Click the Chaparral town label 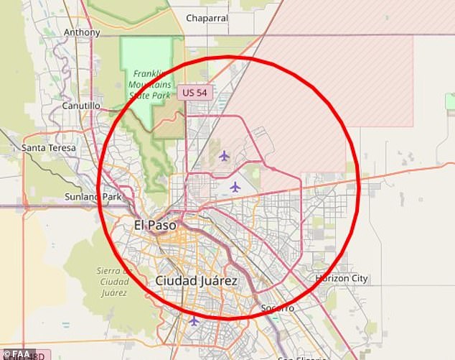point(207,18)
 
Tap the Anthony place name point(82,32)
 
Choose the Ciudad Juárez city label point(196,281)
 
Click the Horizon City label point(341,278)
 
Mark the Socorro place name point(277,308)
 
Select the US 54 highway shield point(196,92)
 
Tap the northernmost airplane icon point(224,156)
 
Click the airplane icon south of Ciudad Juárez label point(194,320)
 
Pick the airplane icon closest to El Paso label point(235,187)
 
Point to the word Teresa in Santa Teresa point(62,148)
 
